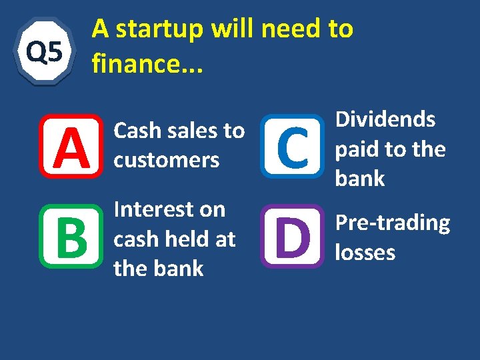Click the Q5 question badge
point(44,51)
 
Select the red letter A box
point(71,146)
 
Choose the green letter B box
point(71,236)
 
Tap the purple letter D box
point(291,236)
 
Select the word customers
point(167,161)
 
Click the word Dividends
point(385,120)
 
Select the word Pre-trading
point(392,223)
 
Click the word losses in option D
point(365,253)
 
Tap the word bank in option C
point(360,179)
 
